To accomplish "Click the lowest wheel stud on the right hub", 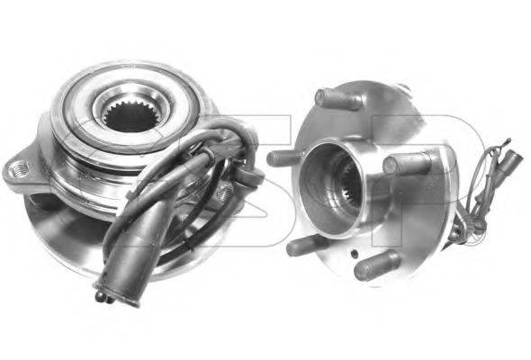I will [373, 265].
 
